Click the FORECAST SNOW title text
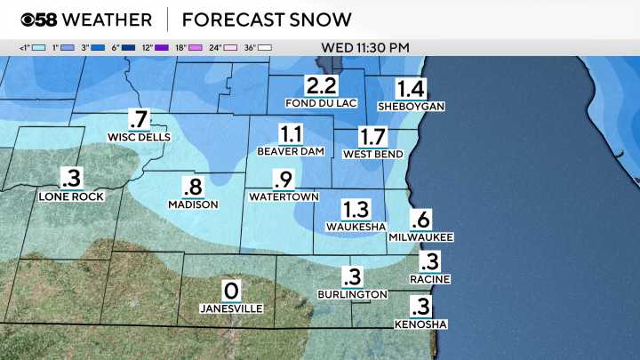click(266, 19)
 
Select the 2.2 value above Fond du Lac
click(321, 86)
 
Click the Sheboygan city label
click(410, 106)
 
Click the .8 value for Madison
click(193, 187)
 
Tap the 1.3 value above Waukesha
click(356, 209)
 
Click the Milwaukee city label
click(421, 237)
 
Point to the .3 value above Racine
click(430, 261)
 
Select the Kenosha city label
click(428, 324)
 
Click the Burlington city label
click(353, 293)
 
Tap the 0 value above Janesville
click(231, 290)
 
